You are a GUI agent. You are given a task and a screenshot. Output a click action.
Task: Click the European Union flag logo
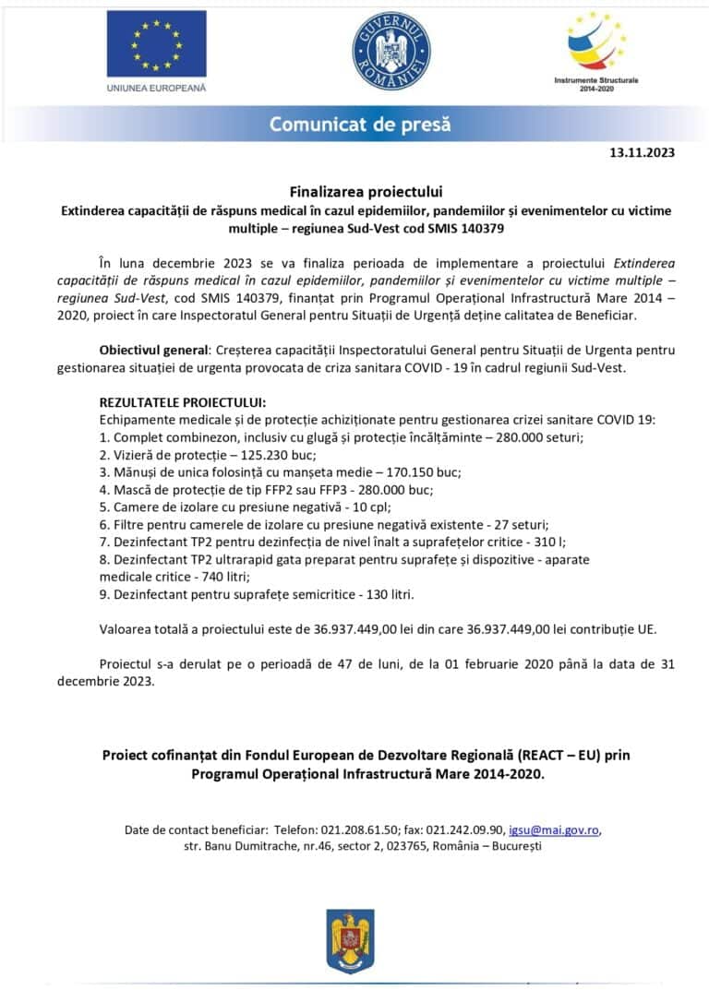click(x=156, y=43)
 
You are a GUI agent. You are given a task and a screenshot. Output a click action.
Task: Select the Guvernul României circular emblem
click(x=391, y=52)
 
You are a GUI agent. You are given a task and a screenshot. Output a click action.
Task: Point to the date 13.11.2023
click(x=643, y=153)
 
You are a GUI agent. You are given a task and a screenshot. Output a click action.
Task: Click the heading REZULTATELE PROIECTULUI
click(x=182, y=402)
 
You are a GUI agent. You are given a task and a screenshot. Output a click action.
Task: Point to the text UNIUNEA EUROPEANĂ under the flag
click(x=156, y=88)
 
